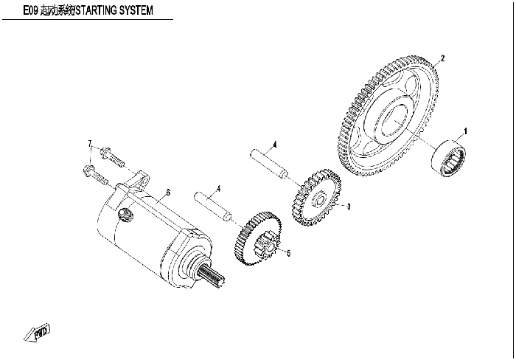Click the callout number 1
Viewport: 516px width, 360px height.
tap(465, 131)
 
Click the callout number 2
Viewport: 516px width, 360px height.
tap(442, 58)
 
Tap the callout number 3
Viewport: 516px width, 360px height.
tap(349, 207)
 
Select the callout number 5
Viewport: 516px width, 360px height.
tap(289, 253)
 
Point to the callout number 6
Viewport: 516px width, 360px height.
tap(168, 193)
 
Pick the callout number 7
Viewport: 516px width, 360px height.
tap(90, 144)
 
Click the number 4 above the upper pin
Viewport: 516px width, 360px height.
tap(275, 145)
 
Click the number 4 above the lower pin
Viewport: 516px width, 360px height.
tap(218, 189)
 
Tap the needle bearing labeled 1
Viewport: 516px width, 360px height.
tap(448, 157)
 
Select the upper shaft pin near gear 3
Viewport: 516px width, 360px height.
tap(269, 164)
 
